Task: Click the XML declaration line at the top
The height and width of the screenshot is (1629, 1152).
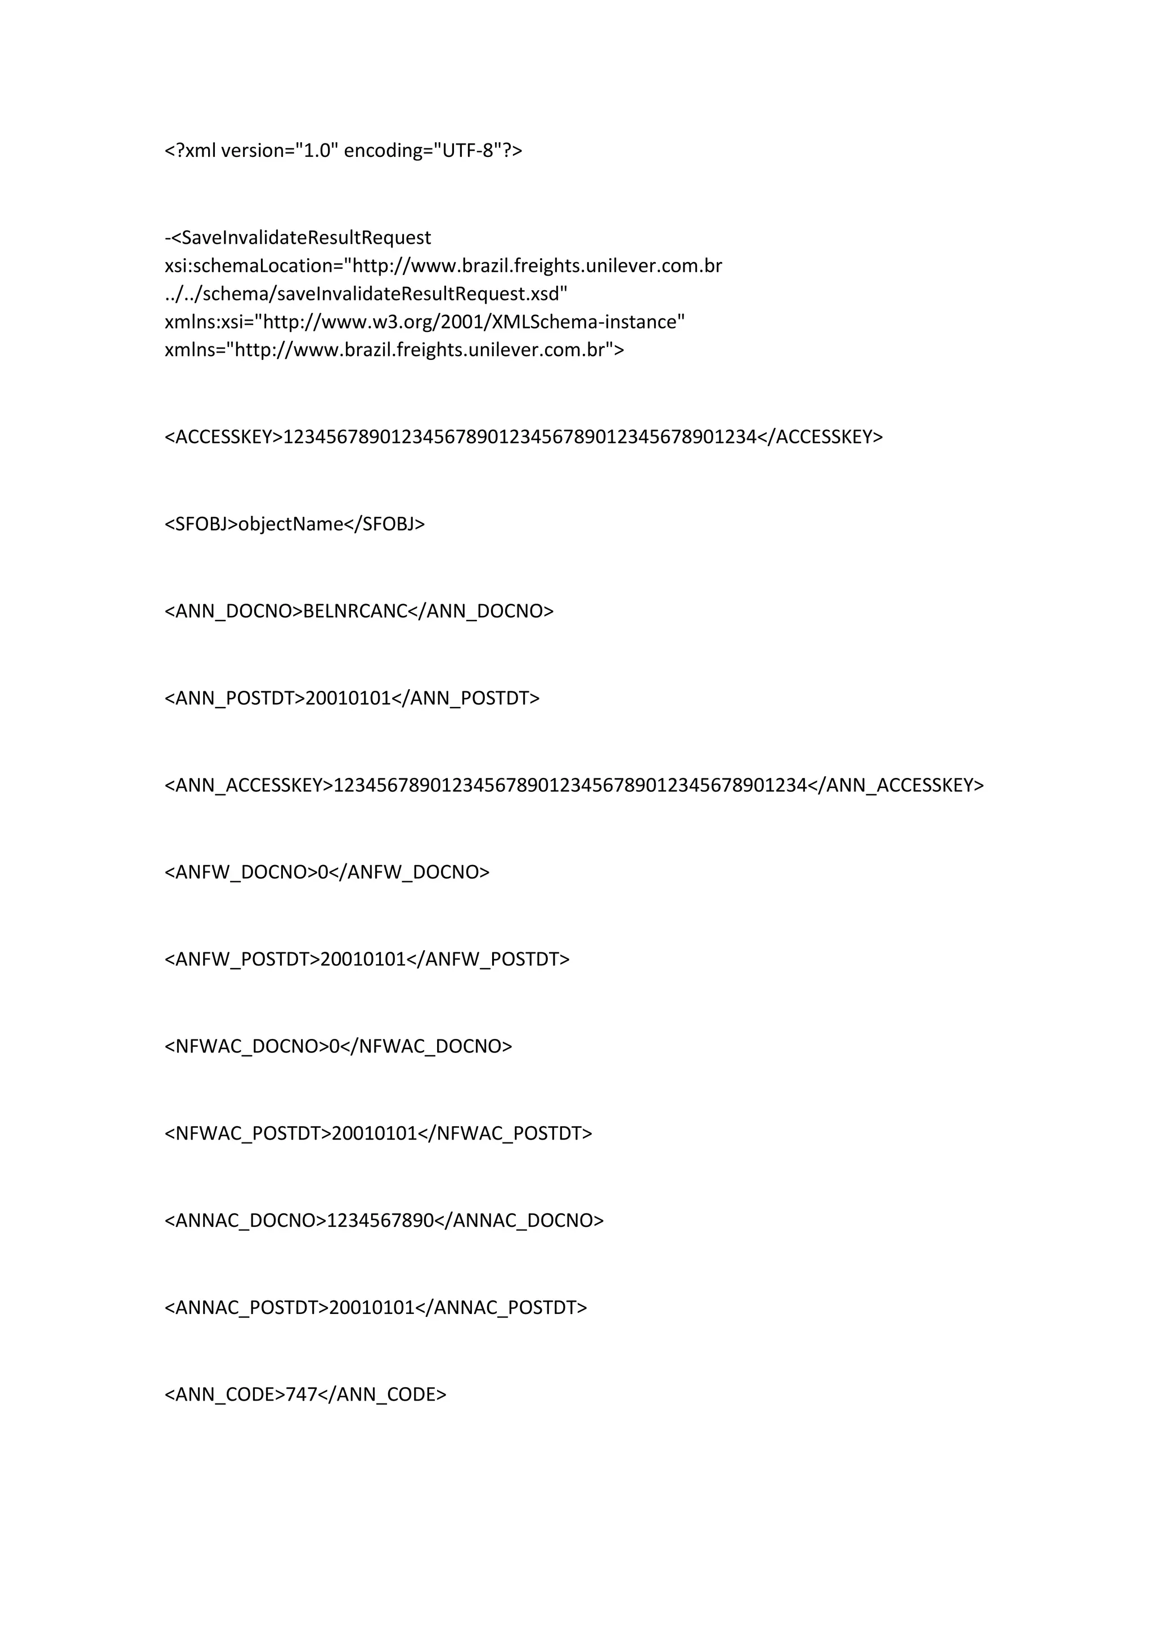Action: tap(343, 150)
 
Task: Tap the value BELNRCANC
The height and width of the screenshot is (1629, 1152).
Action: tap(355, 611)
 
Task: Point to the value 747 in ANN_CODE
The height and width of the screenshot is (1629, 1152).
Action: tap(301, 1395)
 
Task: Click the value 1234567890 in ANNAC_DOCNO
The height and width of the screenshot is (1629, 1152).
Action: tap(380, 1220)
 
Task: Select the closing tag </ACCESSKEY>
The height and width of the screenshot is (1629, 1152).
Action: tap(820, 437)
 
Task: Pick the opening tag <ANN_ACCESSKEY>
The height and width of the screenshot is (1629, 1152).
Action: tap(248, 785)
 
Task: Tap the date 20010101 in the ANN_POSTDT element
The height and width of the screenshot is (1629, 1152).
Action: tap(348, 699)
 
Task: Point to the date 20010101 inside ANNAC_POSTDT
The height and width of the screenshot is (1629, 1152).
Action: tap(371, 1308)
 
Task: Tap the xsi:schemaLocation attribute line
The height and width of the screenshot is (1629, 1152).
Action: tap(443, 266)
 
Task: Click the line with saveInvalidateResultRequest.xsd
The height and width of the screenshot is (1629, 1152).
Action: tap(366, 294)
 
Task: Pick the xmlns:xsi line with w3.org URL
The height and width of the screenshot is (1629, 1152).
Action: tap(424, 322)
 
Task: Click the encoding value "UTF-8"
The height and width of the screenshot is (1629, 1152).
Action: tap(467, 150)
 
